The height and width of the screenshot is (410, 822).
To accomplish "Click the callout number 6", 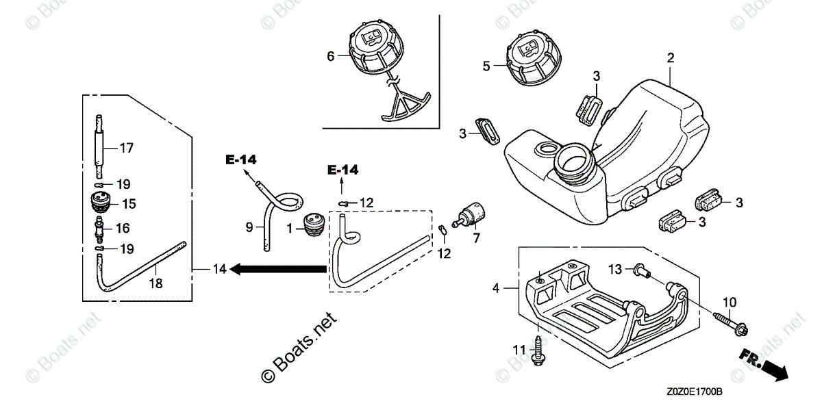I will click(330, 57).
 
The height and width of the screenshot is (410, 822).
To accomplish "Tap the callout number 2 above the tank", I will click(671, 57).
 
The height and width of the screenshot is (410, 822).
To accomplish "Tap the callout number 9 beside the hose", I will click(250, 226).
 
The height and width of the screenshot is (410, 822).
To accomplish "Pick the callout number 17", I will click(126, 147).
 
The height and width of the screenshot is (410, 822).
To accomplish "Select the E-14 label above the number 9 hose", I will click(241, 159).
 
